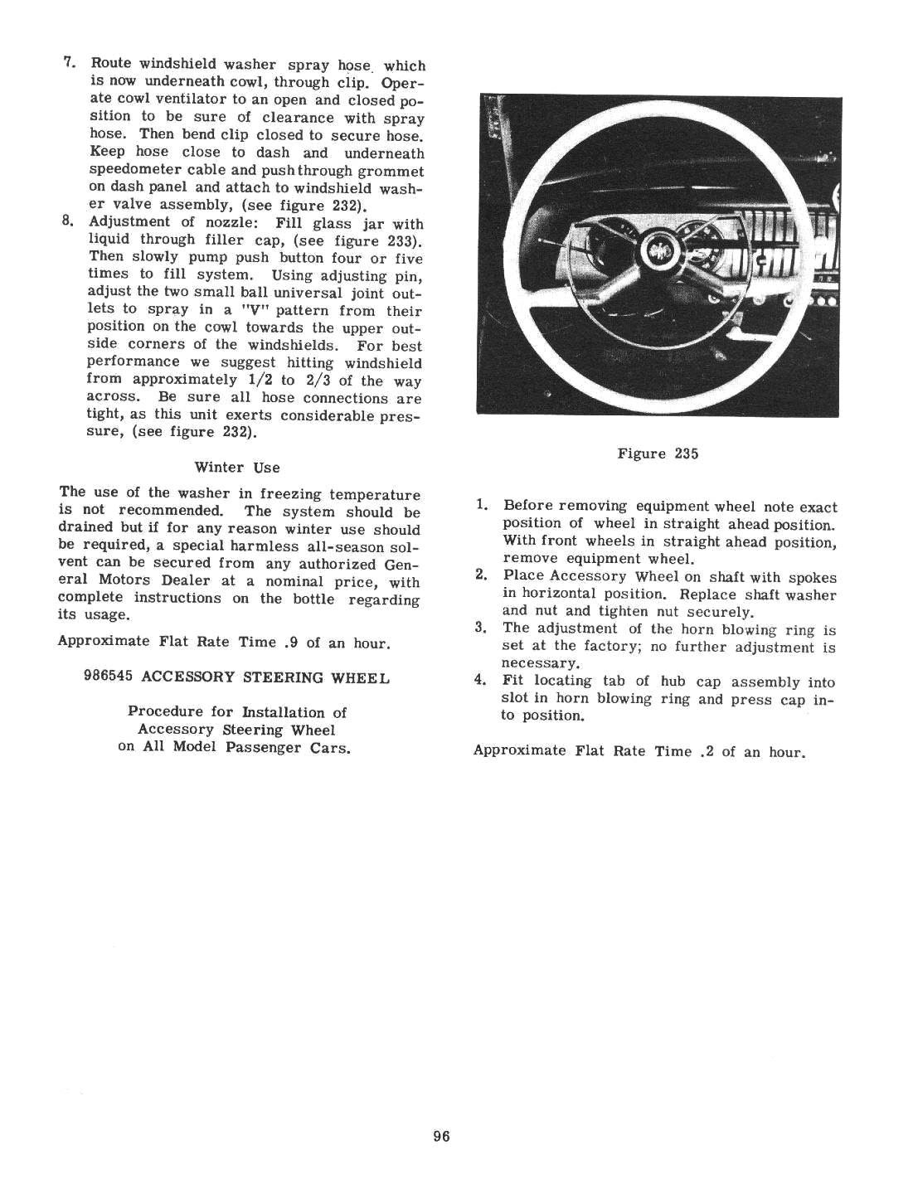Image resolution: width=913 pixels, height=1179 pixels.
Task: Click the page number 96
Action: tap(440, 1137)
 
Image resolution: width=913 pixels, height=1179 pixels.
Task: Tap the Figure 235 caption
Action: tap(658, 454)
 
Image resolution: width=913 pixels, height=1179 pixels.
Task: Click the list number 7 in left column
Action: tap(70, 63)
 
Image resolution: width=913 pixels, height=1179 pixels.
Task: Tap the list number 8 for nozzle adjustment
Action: tap(70, 222)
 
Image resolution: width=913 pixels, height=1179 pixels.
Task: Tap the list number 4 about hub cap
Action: tap(480, 681)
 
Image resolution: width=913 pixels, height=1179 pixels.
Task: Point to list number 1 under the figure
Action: tap(481, 505)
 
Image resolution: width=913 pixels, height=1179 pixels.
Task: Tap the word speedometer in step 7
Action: tap(135, 170)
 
